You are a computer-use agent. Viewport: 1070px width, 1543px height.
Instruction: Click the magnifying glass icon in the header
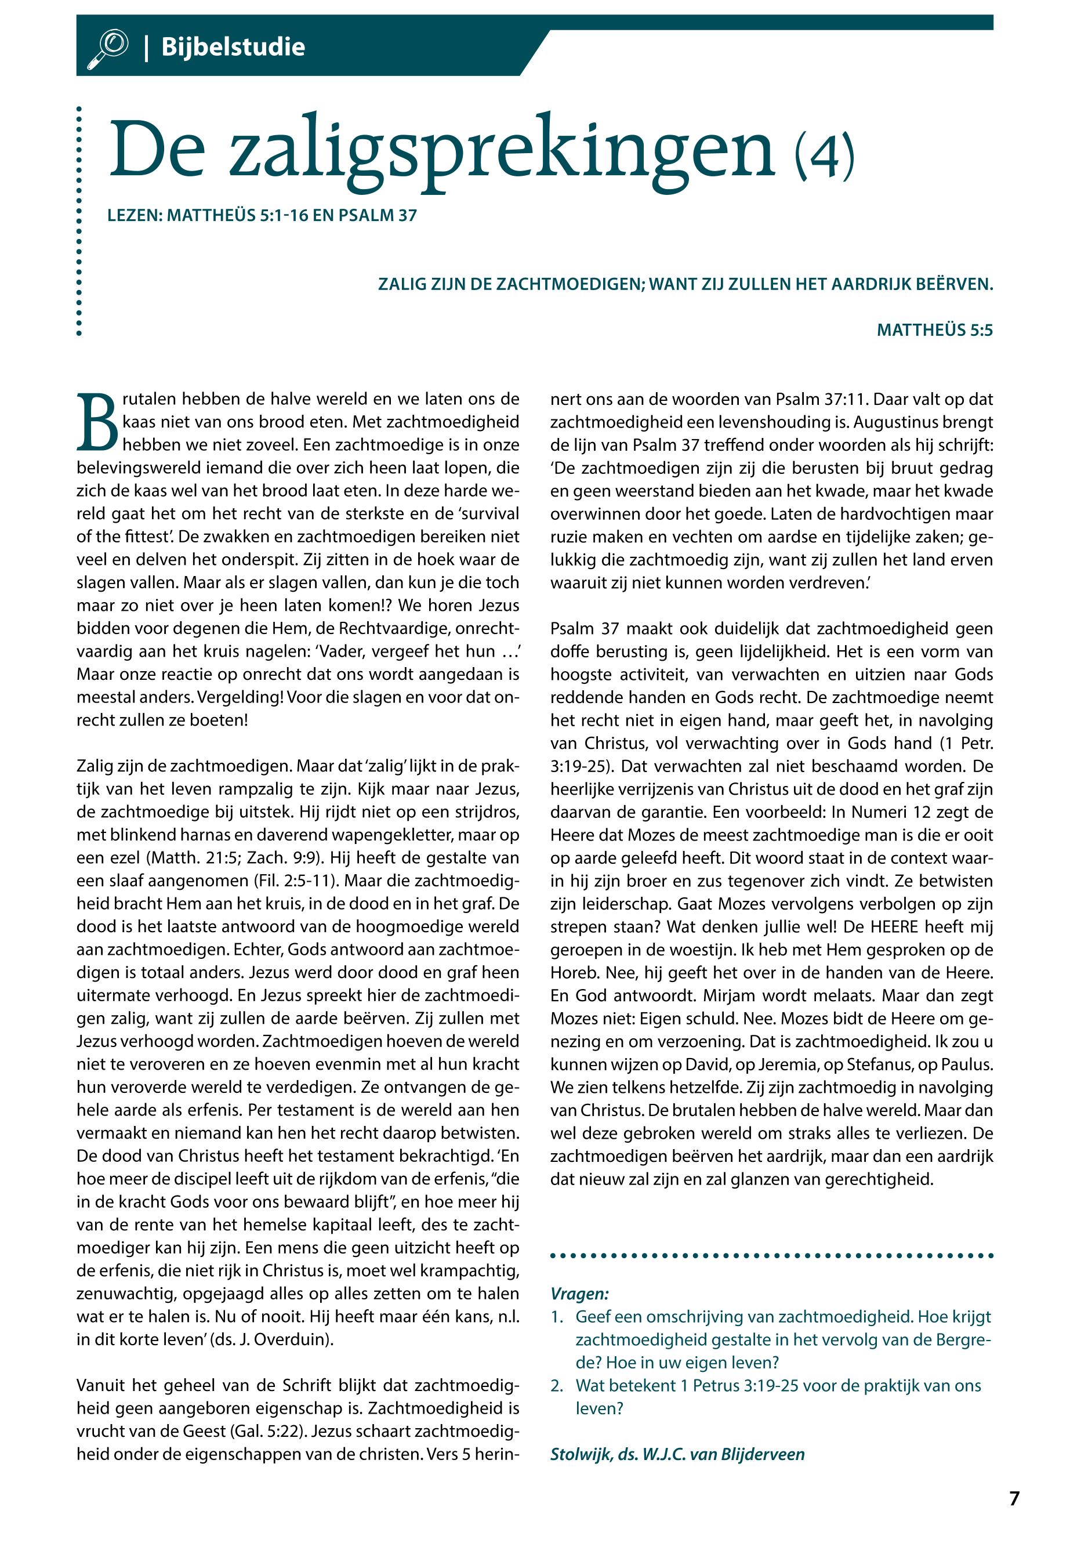coord(107,48)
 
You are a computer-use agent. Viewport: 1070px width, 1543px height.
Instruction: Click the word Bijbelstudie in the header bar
coord(233,48)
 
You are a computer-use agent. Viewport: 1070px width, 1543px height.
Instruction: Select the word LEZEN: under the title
coord(135,216)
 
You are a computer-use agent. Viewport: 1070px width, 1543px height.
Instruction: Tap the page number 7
coord(1014,1499)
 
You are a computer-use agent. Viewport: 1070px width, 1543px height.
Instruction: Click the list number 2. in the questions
coord(558,1385)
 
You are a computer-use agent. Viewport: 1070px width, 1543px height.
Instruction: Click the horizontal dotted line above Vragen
coord(771,1255)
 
